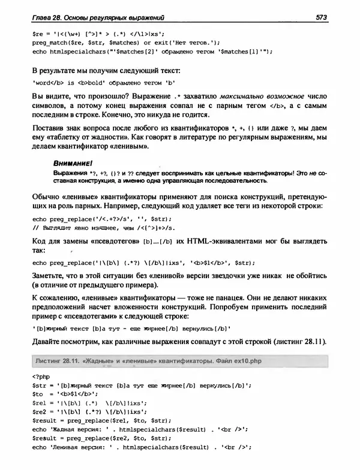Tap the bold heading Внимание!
71,162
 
